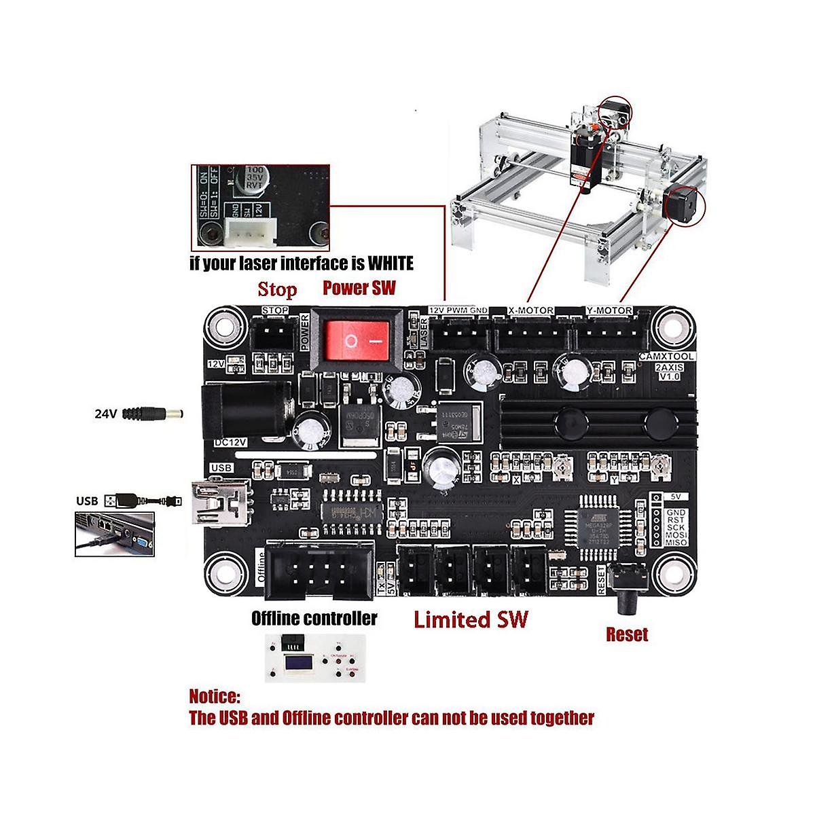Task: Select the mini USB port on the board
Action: tap(212, 501)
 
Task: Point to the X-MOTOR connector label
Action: tap(530, 311)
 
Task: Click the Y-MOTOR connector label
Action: tap(609, 311)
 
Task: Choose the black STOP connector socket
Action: tap(274, 334)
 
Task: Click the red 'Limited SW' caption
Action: tap(471, 619)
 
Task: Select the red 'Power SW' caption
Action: tap(359, 287)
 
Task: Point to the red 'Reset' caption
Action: tap(627, 634)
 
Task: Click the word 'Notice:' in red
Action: tap(215, 696)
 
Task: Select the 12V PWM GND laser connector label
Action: tap(458, 310)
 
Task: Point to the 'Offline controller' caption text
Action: tap(314, 618)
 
